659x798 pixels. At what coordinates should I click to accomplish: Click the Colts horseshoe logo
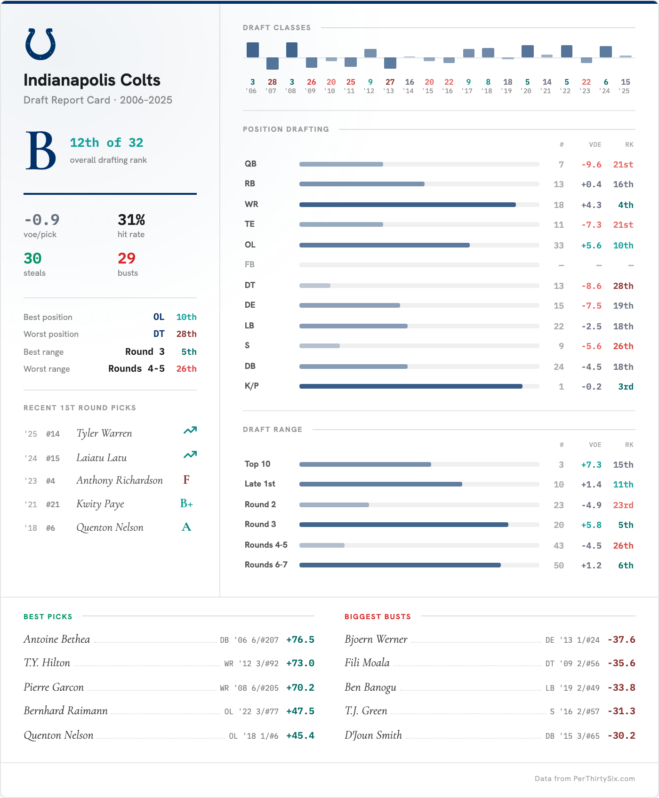[x=40, y=44]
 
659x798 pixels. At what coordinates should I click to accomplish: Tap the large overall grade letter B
[x=41, y=151]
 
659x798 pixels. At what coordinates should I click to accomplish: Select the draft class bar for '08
[x=292, y=50]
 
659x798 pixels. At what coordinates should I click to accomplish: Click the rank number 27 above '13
[x=390, y=82]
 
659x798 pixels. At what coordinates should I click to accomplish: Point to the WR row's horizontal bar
[x=407, y=205]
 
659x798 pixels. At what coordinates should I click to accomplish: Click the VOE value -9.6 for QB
[x=591, y=165]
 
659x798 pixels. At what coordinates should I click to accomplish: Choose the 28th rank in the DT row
[x=623, y=286]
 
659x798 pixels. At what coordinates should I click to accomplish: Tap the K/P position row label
[x=252, y=386]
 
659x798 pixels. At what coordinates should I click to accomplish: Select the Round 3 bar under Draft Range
[x=403, y=525]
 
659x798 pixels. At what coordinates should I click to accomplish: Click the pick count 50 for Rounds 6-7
[x=559, y=566]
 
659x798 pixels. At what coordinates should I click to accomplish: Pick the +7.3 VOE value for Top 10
[x=591, y=465]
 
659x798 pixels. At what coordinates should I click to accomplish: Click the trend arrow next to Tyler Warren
[x=190, y=431]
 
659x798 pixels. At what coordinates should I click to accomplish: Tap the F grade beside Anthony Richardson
[x=186, y=480]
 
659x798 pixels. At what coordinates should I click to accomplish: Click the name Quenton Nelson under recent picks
[x=110, y=527]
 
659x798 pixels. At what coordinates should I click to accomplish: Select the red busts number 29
[x=127, y=258]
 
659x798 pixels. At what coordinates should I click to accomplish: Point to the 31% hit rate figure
[x=131, y=220]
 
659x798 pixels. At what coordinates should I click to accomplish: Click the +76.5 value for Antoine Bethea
[x=300, y=640]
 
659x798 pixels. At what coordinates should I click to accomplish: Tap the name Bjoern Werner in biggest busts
[x=376, y=639]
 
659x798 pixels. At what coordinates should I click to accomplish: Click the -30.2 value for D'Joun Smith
[x=621, y=736]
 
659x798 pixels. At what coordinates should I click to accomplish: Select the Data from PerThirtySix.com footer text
[x=585, y=779]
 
